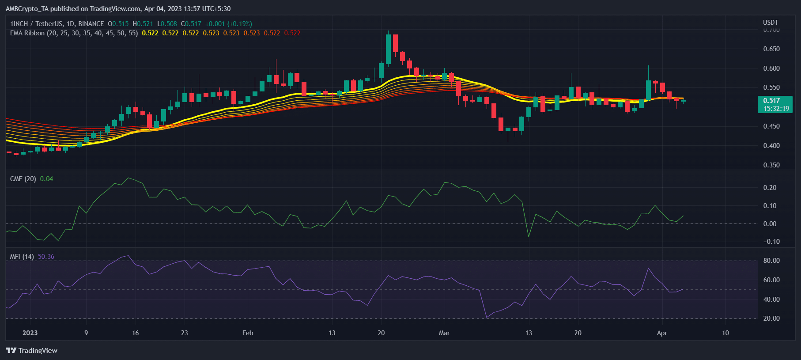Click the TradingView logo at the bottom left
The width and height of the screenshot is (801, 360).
coord(31,350)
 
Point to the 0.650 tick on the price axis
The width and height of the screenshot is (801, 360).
coord(771,49)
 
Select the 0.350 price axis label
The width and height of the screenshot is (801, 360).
coord(771,165)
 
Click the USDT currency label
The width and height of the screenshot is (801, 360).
coord(771,23)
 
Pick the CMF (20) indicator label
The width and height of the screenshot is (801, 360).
coord(23,179)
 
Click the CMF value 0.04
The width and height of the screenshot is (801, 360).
coord(46,179)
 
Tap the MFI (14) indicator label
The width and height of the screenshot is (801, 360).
coord(22,257)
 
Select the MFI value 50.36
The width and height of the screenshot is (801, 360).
coord(46,257)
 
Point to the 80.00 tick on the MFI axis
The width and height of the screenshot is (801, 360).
coord(771,261)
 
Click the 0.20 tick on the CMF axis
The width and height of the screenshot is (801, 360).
coord(770,188)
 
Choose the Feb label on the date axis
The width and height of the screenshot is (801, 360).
coord(248,333)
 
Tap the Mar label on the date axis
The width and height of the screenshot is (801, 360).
coord(444,333)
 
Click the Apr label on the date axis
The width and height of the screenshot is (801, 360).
coord(662,333)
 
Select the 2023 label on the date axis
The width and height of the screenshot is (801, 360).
coord(30,333)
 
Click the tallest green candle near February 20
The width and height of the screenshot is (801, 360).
coord(388,49)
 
